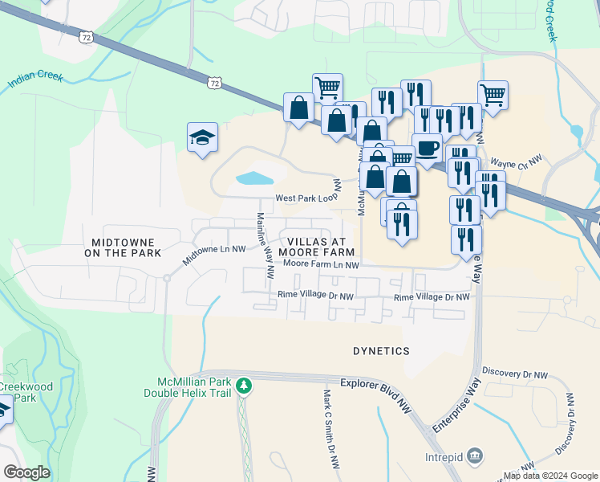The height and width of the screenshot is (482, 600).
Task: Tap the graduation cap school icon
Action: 203,137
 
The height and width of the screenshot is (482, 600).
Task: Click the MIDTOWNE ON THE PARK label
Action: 127,247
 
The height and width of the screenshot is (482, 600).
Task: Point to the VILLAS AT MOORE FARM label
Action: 316,247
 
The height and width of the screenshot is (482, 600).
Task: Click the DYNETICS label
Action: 381,351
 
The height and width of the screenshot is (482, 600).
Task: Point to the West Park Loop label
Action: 306,198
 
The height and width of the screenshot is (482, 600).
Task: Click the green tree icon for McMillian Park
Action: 245,386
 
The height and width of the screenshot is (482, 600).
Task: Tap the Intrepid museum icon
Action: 474,455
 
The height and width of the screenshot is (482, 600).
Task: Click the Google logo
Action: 26,472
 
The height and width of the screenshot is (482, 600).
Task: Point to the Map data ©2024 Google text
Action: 549,476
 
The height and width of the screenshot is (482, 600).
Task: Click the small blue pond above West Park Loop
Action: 255,178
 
